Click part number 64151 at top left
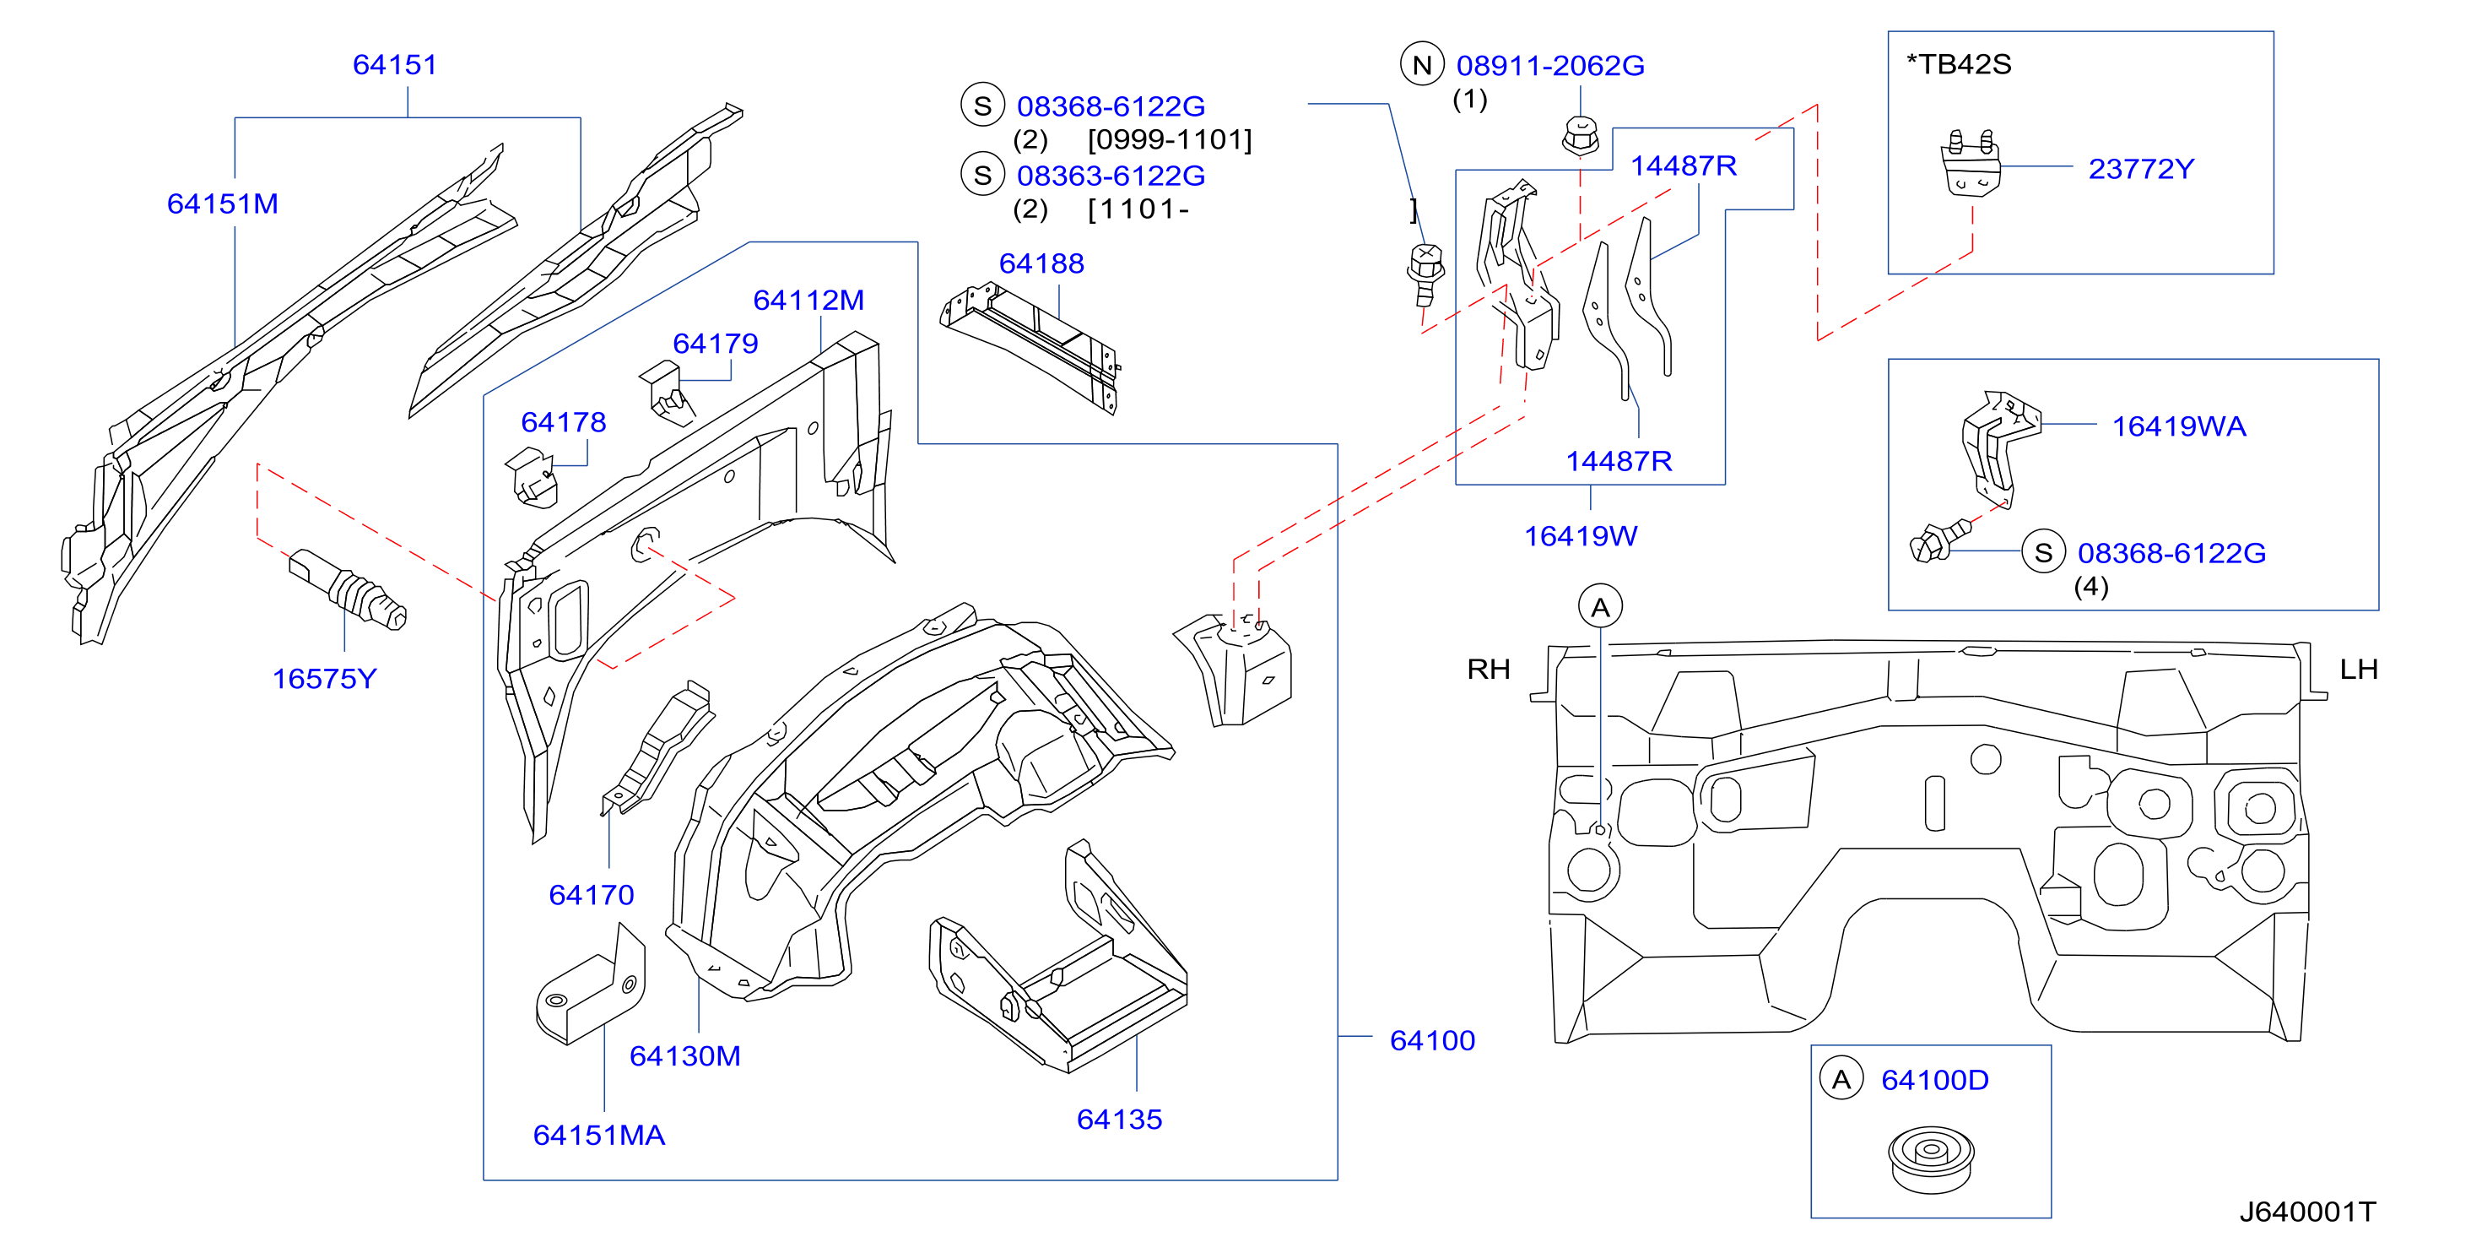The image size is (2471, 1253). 394,64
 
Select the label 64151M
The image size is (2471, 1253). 223,203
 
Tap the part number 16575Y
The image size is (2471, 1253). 324,678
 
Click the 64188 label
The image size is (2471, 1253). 1041,263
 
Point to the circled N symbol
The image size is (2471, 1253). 1422,64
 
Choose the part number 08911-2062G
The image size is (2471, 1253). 1550,65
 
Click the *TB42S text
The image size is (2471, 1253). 1958,64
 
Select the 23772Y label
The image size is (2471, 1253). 2141,169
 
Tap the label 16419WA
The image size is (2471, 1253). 2178,426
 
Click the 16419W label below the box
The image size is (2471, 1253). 1581,535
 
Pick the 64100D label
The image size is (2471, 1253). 1935,1079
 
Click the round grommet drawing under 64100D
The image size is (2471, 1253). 1931,1159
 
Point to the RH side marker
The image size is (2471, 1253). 1488,669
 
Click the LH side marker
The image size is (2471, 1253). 2358,669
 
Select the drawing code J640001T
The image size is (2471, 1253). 2307,1212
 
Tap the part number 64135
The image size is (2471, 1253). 1118,1119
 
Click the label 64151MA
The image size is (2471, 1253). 598,1135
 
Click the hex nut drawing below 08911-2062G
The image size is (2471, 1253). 1580,135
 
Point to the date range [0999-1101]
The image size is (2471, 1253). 1170,140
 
